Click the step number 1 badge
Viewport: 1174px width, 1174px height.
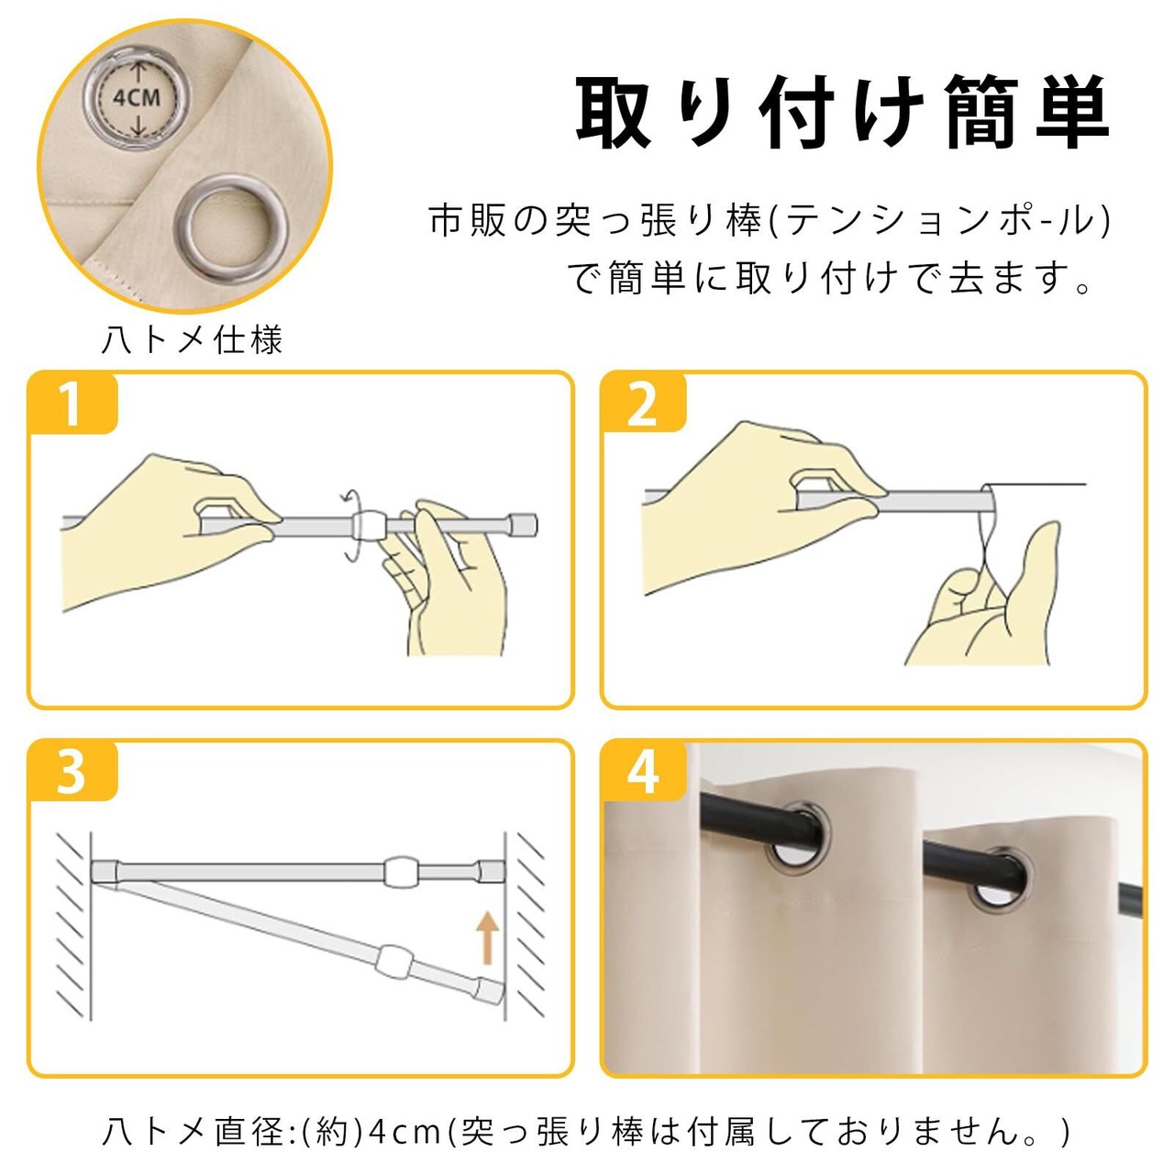[72, 404]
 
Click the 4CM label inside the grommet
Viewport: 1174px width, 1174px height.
[137, 97]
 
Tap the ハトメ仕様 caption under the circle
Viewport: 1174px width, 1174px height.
[192, 340]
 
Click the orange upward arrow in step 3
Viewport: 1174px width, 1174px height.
[486, 938]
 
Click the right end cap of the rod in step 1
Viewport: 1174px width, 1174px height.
[524, 524]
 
